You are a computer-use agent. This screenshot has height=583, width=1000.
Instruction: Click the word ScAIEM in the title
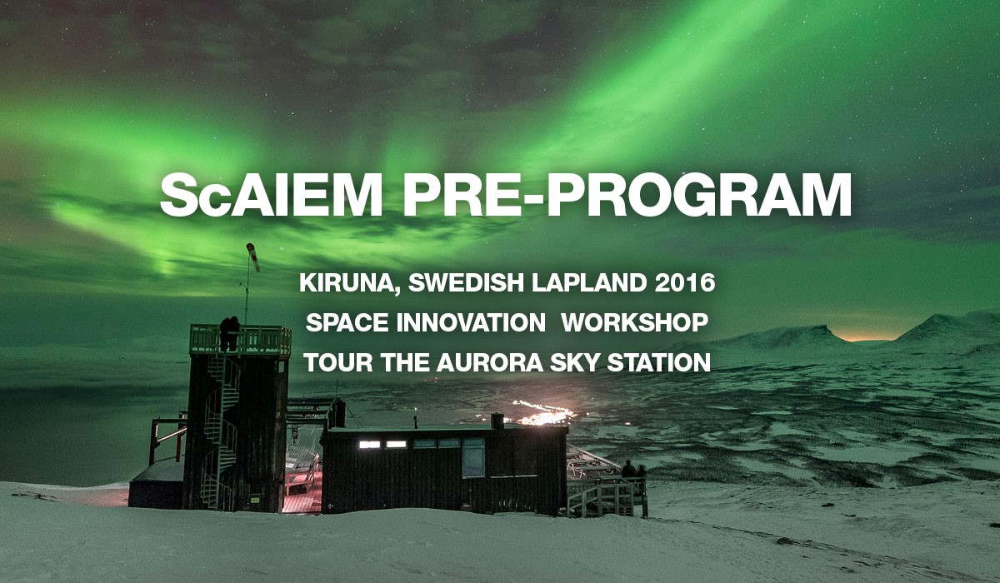[272, 197]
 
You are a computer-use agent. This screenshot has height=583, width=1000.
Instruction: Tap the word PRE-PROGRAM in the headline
[627, 196]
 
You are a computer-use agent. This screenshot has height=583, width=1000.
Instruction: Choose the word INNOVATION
[471, 322]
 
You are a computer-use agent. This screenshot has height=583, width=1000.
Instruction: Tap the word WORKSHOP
[635, 322]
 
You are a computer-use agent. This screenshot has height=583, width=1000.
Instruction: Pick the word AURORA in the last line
[490, 362]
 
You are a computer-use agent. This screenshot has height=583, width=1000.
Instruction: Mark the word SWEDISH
[466, 283]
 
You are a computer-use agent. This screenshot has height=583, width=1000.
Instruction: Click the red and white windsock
[253, 257]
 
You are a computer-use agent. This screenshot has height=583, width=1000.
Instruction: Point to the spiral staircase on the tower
[221, 428]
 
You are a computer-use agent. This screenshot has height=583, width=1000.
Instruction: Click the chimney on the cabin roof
[497, 421]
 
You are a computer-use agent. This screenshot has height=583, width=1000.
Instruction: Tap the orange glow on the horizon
[862, 337]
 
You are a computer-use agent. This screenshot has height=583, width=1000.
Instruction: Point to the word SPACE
[347, 322]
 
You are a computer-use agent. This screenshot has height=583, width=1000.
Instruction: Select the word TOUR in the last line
[339, 362]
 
